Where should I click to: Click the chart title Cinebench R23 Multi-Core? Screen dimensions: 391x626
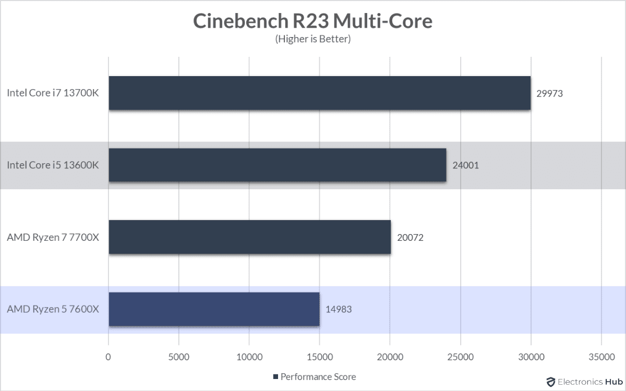point(312,21)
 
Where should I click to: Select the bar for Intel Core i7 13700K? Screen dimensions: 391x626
point(319,93)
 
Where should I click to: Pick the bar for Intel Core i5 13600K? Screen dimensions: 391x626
point(277,165)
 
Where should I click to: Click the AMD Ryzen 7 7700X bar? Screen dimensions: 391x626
point(249,237)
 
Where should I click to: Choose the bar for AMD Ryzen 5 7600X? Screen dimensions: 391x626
point(214,309)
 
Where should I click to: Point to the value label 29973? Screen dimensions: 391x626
point(550,94)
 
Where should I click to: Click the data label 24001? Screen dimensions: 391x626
point(465,166)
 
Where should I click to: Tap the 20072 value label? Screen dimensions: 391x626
point(410,238)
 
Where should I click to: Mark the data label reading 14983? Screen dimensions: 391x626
point(338,309)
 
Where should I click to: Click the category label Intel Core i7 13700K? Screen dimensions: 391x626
point(53,93)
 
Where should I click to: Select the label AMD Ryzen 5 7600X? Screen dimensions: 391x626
point(53,309)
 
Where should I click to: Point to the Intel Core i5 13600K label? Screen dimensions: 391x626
point(53,165)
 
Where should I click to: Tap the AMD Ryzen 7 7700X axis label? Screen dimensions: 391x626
point(53,237)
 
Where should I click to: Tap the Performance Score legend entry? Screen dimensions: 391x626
point(314,376)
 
